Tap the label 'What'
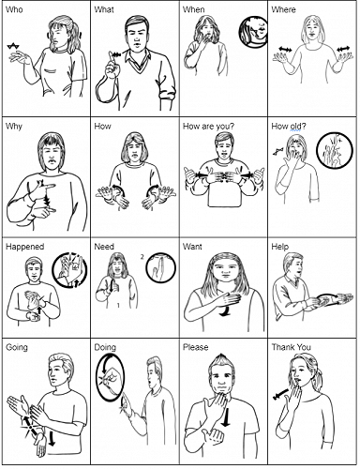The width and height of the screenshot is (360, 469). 105,9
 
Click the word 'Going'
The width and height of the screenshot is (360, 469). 17,346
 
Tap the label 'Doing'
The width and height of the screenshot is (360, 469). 105,346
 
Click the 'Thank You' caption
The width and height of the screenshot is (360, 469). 292,346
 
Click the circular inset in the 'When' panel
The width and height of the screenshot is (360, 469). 251,33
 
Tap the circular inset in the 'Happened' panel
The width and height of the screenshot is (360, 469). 68,271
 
